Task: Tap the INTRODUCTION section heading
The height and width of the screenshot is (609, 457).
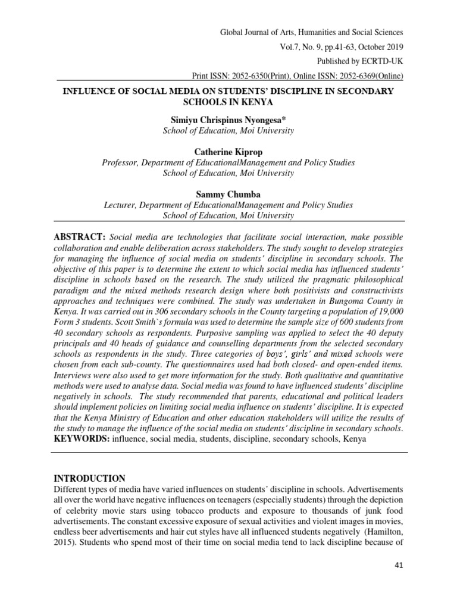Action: (90, 478)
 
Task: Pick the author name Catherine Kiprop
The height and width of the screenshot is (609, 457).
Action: (228, 152)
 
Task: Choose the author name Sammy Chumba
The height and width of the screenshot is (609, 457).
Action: (228, 194)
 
